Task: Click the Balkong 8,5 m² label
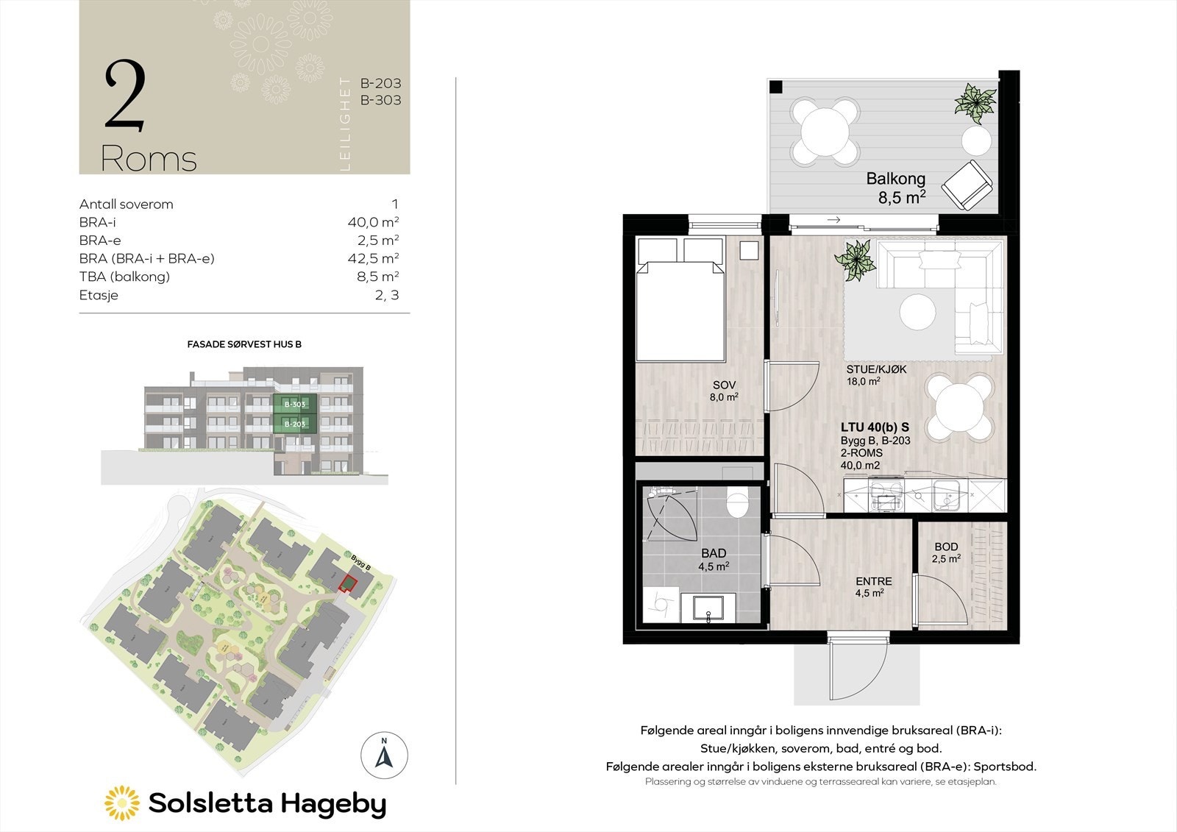coord(895,188)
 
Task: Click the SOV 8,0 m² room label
coord(724,391)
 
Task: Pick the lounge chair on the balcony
coord(966,184)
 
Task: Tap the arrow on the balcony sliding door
coord(833,219)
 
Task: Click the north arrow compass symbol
coord(384,755)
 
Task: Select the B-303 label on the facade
coord(295,405)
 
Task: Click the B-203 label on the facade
coord(295,424)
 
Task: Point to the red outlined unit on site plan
coord(346,584)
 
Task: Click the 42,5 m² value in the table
coord(373,258)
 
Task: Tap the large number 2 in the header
coord(124,96)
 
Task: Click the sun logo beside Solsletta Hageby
coord(121,803)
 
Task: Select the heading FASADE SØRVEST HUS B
coord(244,344)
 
